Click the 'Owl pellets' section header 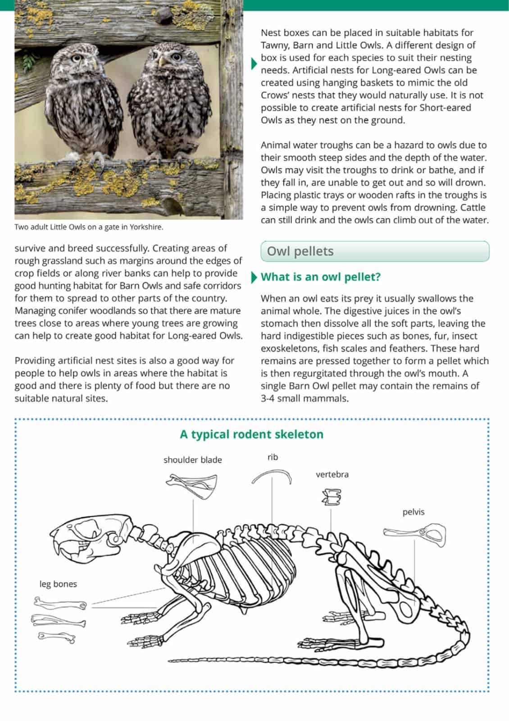coord(300,251)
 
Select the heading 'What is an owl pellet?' coord(320,277)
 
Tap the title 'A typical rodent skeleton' coord(251,434)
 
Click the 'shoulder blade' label coord(192,460)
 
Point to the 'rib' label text coord(273,457)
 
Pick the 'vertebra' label coord(332,475)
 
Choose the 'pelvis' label coord(413,512)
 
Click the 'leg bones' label coord(58,584)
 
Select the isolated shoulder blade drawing coord(192,485)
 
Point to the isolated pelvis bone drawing coord(415,533)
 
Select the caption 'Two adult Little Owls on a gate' coord(89,227)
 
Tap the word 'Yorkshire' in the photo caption coord(146,227)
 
